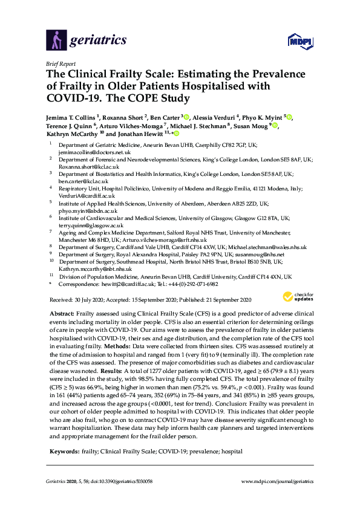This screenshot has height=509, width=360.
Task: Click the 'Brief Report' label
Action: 60,63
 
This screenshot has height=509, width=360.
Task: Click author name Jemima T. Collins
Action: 77,116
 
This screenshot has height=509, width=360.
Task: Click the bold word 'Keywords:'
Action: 62,434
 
